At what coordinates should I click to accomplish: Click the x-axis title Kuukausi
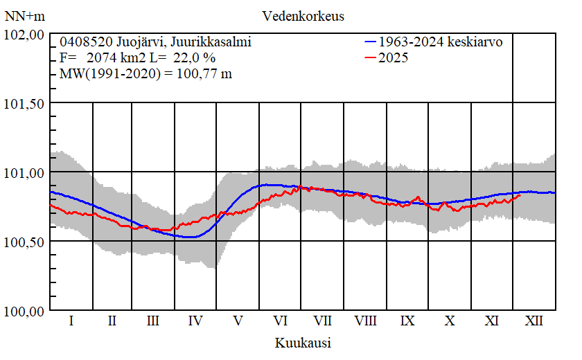(x=303, y=343)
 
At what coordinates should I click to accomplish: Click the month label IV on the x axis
(x=195, y=321)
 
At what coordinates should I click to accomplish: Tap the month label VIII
(x=365, y=321)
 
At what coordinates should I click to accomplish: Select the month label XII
(x=534, y=321)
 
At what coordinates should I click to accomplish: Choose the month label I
(x=71, y=321)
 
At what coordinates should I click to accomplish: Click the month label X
(x=450, y=321)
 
